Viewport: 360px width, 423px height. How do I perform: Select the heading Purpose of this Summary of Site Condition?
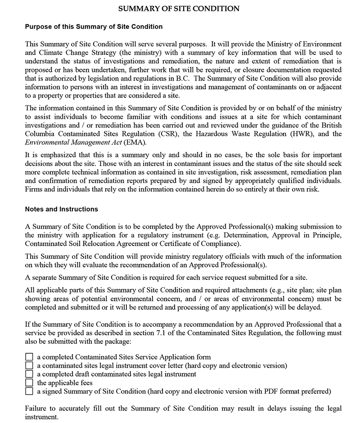(94, 27)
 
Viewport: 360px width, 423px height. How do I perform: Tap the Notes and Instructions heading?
(61, 209)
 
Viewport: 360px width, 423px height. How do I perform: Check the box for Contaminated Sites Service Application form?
(29, 357)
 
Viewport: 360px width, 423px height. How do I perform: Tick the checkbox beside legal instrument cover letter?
(29, 365)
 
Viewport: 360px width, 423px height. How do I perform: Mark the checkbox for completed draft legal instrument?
(29, 374)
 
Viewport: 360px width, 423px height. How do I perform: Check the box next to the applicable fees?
(29, 382)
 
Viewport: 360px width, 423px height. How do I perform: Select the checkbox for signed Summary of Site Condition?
(29, 391)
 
